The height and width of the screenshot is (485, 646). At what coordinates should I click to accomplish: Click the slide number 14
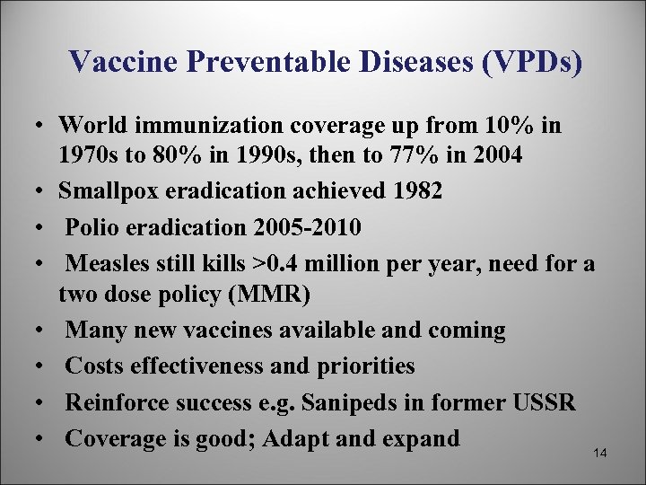(x=601, y=454)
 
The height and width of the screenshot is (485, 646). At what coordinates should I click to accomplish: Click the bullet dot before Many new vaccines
(x=44, y=331)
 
